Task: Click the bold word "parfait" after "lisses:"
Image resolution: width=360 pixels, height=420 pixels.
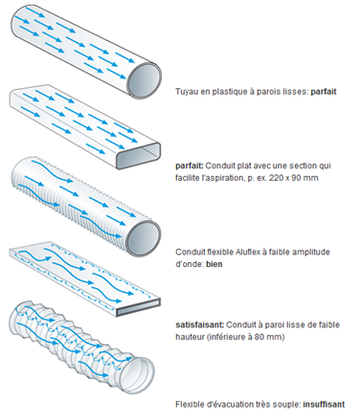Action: [324, 92]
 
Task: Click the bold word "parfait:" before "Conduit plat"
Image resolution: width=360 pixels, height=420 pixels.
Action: [190, 166]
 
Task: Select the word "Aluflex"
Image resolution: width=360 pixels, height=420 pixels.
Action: [247, 252]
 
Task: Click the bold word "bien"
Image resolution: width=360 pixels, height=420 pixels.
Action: [214, 264]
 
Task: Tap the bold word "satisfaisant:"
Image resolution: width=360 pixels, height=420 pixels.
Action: [200, 325]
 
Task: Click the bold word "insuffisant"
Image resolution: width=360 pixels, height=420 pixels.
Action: [324, 405]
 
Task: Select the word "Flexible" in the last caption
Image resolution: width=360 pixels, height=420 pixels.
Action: [190, 405]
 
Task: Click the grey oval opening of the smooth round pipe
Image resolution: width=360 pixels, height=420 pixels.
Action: [145, 80]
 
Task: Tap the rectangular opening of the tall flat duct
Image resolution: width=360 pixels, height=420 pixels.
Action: [139, 156]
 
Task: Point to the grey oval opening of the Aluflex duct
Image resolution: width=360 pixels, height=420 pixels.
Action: [145, 237]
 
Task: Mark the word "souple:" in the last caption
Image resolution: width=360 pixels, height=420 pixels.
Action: [287, 405]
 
